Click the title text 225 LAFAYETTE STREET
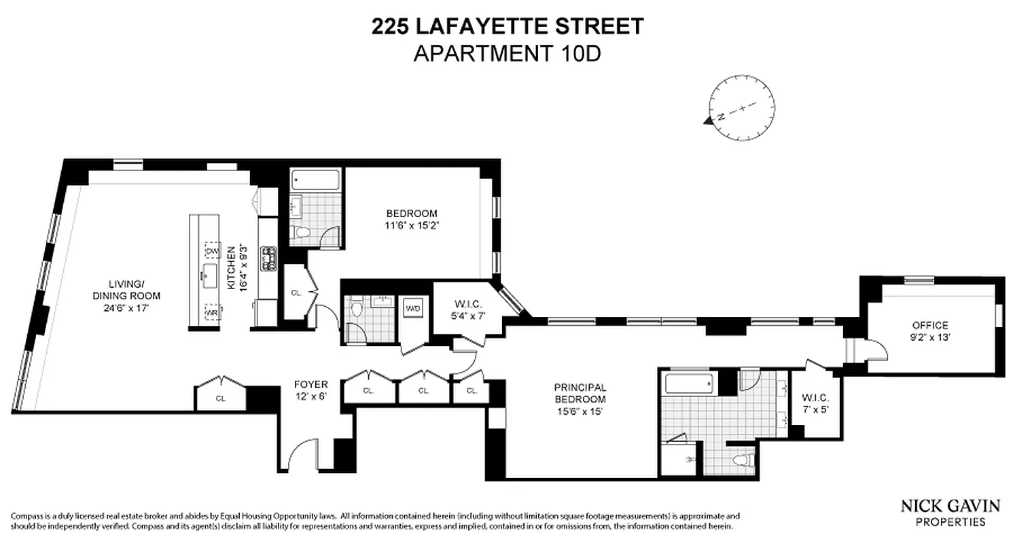[507, 26]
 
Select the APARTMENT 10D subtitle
[507, 53]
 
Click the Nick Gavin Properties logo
[950, 512]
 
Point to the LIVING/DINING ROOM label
[126, 295]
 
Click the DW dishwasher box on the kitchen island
[212, 250]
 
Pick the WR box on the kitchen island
[212, 313]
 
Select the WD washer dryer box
[413, 308]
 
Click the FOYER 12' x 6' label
[310, 390]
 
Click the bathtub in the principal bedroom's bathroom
[690, 384]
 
